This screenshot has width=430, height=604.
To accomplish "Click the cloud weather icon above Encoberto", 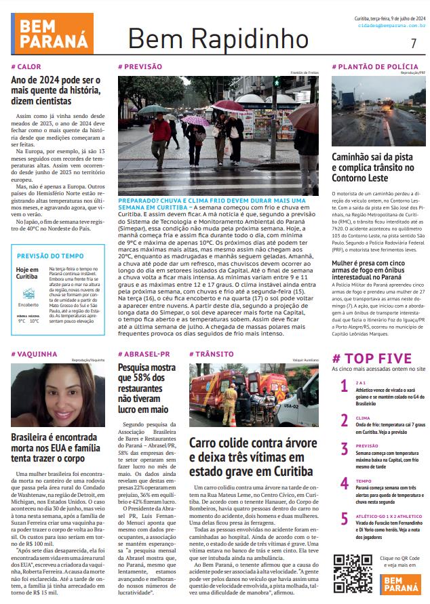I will tap(28, 293).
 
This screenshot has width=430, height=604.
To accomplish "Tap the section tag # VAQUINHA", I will tap(34, 354).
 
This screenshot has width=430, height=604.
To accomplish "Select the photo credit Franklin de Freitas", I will tap(305, 73).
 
